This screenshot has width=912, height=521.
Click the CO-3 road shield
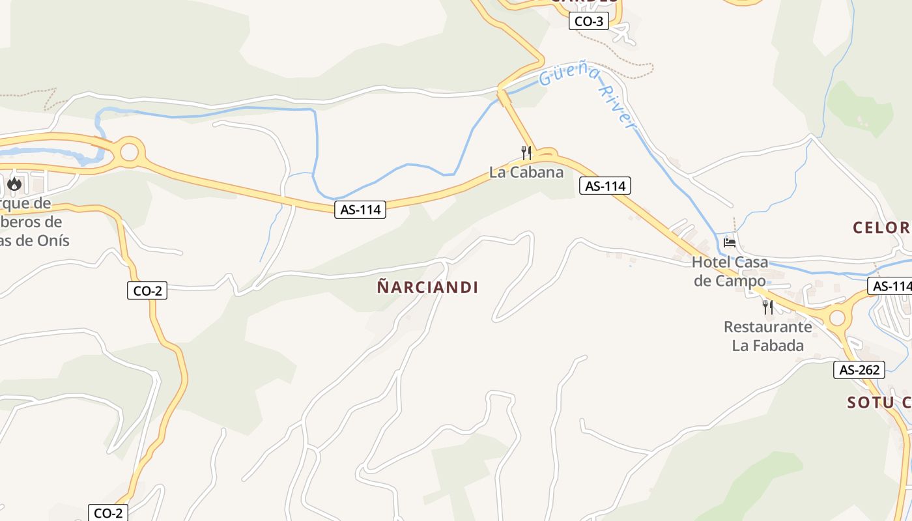coord(589,21)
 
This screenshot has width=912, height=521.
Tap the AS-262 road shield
coord(859,370)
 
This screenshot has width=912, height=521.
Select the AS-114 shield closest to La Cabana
coord(605,186)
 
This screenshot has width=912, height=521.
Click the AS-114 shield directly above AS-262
coord(891,286)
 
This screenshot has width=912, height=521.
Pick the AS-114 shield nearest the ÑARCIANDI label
coord(360,210)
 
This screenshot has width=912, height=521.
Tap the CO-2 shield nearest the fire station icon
coord(147,291)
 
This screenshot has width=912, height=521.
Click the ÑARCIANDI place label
coord(427,287)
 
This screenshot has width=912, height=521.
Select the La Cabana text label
coord(526,173)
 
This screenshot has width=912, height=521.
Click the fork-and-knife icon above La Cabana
coord(526,153)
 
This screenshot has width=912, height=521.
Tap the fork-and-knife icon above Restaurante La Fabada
coord(768,307)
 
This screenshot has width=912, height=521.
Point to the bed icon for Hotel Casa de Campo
coord(730,243)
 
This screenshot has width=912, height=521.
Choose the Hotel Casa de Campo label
coord(730,272)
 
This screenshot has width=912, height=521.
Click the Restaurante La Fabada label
coord(768,336)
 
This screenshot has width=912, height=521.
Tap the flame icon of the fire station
coord(14,184)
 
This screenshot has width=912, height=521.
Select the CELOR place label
coord(881,228)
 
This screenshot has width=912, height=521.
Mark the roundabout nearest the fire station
coord(130,152)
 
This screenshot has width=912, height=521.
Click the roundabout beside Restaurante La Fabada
coord(836,318)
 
